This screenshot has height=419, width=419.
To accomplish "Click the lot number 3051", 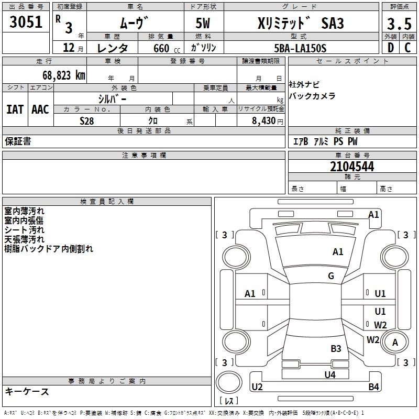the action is pos(26,21).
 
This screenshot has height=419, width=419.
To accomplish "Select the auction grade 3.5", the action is pos(399,24).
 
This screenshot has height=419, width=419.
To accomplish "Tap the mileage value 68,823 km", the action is pos(63,75).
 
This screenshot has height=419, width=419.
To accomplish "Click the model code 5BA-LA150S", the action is pos(300,48).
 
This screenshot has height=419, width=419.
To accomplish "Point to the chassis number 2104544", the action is pos(352,167).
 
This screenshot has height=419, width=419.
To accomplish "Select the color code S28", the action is pos(86,121).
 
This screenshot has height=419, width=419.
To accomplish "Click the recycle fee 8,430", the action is pos(263,121).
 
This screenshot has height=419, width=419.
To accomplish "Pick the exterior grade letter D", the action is pos(391,48).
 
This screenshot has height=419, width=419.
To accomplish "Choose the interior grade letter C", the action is pos(407,48).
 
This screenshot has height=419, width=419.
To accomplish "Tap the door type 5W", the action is pos(203,23).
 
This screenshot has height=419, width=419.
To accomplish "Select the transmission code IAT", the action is pos(15,109).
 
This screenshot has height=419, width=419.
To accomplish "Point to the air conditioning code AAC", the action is pos(40,109).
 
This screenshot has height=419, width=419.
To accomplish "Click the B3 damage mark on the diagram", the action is pos(336,348).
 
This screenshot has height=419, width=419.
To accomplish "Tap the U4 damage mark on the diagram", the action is pos(330,374).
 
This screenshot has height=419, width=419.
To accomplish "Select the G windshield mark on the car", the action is pos(331,275).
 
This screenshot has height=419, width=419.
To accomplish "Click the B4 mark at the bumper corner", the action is pos(373,387).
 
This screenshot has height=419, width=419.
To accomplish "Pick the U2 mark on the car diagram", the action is pos(257,387).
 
